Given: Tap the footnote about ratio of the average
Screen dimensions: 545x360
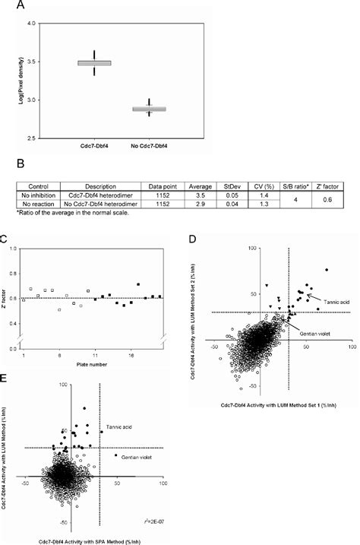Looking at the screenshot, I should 71,215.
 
